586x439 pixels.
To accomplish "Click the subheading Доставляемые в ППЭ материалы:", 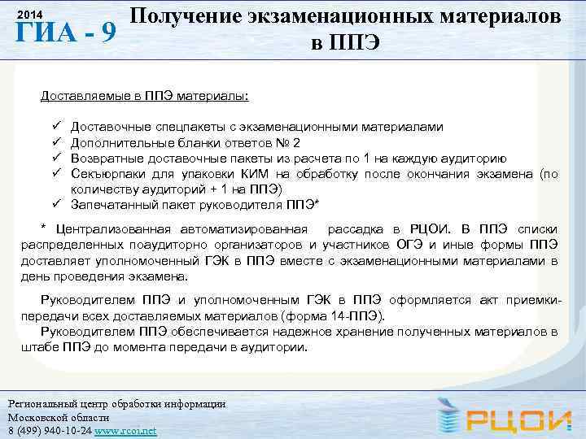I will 144,98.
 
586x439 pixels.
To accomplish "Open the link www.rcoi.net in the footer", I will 125,430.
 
